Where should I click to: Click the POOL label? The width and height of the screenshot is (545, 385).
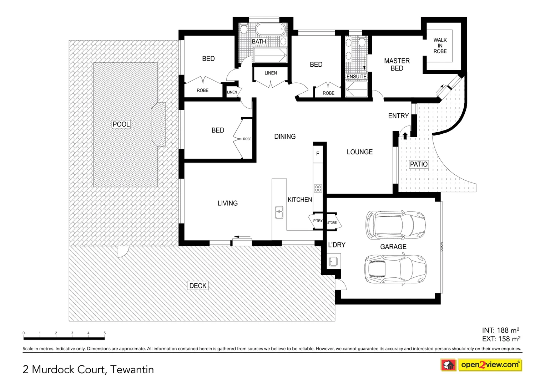[x=121, y=124]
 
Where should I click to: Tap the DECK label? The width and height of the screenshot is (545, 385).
[x=198, y=286]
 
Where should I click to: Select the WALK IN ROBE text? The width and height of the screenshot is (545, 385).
[x=440, y=46]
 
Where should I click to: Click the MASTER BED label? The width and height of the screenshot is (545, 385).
[x=397, y=65]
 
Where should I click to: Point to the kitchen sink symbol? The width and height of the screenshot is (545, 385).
[x=279, y=212]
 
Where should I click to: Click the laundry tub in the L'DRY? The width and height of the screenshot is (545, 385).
[x=334, y=262]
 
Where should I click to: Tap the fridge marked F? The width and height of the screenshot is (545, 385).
[x=318, y=154]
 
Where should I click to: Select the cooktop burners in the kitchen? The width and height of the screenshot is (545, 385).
[x=318, y=188]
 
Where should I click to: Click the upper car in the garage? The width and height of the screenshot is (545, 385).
[x=395, y=225]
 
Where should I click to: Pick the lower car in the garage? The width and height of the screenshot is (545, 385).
[x=395, y=269]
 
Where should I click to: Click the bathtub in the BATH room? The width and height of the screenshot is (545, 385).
[x=270, y=29]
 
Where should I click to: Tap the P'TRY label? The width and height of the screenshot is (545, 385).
[x=317, y=221]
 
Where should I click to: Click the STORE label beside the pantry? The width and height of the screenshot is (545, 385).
[x=332, y=222]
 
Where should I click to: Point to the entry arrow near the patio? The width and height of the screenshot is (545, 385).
[x=405, y=135]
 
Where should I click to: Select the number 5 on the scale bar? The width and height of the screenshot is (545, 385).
[x=105, y=333]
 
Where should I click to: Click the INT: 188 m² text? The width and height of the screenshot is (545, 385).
[x=500, y=330]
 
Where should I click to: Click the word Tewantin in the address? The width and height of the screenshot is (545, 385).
[x=132, y=369]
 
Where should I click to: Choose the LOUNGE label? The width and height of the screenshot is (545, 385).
[x=359, y=152]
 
